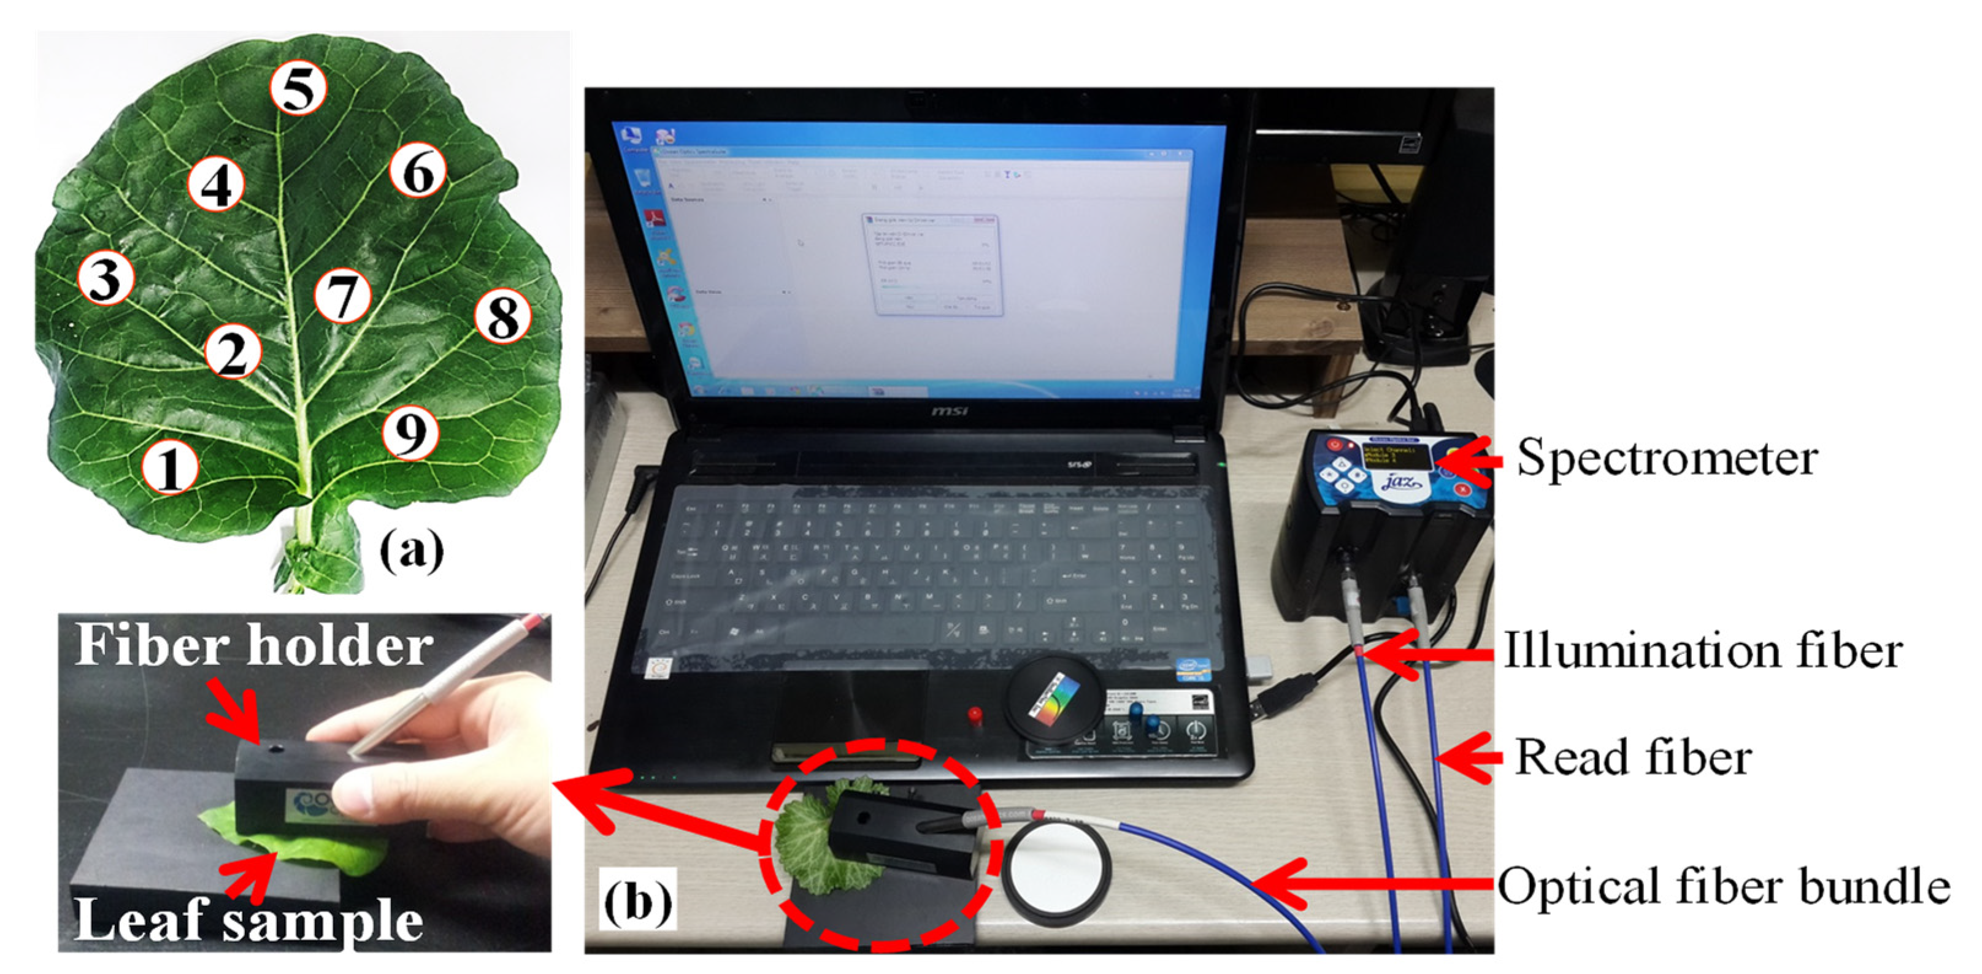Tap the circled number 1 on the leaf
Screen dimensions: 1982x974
(170, 467)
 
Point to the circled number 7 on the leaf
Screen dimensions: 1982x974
(342, 296)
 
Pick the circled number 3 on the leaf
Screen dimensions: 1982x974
(106, 278)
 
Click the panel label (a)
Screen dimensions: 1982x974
(412, 551)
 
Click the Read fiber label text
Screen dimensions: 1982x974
(1633, 758)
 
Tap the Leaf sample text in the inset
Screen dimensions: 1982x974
(248, 920)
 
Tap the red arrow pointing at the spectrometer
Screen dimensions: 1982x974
(1470, 461)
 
